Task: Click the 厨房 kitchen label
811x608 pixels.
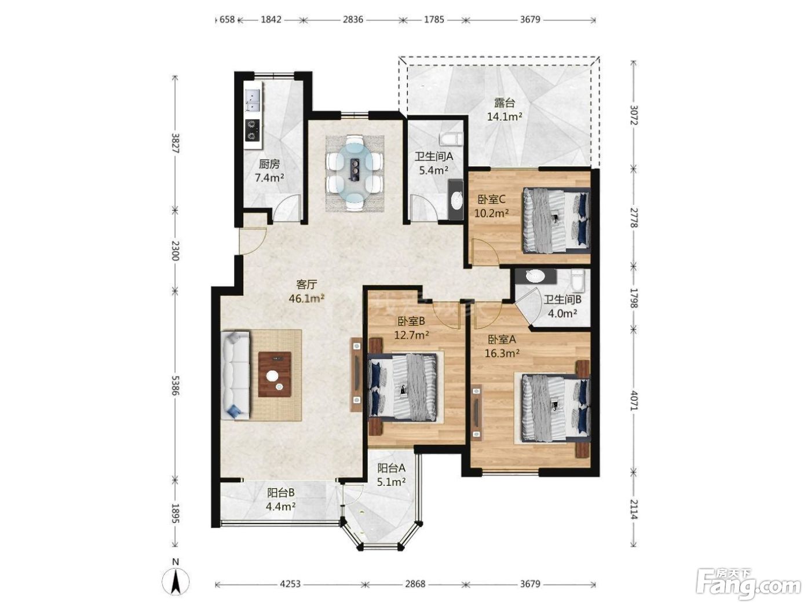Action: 269,163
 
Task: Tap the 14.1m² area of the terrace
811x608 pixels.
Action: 505,116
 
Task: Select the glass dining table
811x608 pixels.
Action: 355,173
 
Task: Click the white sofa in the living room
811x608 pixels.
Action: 235,375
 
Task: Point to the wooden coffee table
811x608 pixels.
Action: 275,374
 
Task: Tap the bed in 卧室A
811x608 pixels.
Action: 556,408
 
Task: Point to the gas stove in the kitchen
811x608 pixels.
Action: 253,130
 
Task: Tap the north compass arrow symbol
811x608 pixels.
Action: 176,582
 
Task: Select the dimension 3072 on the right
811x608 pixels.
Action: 634,115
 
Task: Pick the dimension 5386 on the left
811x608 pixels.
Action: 175,386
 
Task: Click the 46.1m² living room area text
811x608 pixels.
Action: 306,298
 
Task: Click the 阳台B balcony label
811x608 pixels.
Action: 281,492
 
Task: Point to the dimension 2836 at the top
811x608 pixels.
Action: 353,19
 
